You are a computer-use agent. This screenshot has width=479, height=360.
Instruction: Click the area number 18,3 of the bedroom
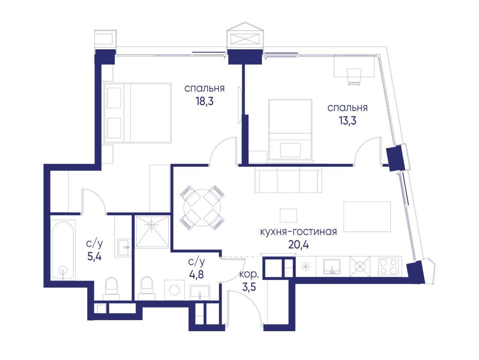click(x=204, y=102)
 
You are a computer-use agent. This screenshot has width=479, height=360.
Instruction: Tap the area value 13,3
click(x=347, y=121)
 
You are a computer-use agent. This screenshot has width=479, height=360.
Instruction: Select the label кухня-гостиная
click(x=299, y=232)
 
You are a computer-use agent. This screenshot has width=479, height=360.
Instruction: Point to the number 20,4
click(x=299, y=245)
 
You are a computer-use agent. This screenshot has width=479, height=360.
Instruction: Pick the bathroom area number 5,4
click(x=94, y=257)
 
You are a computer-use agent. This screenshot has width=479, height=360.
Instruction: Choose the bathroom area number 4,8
click(x=196, y=275)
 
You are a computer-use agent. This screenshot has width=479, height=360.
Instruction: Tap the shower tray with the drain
click(x=152, y=232)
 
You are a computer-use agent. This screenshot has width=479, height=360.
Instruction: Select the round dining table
click(x=202, y=208)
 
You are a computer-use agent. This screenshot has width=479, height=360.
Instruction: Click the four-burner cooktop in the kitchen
click(x=388, y=266)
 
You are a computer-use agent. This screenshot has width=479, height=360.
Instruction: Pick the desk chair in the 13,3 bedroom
click(x=354, y=77)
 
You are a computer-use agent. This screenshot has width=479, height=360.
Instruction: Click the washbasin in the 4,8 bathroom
click(x=200, y=292)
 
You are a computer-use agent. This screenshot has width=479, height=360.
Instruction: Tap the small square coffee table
click(x=288, y=216)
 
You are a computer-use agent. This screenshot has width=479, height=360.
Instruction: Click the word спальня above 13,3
click(x=347, y=108)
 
